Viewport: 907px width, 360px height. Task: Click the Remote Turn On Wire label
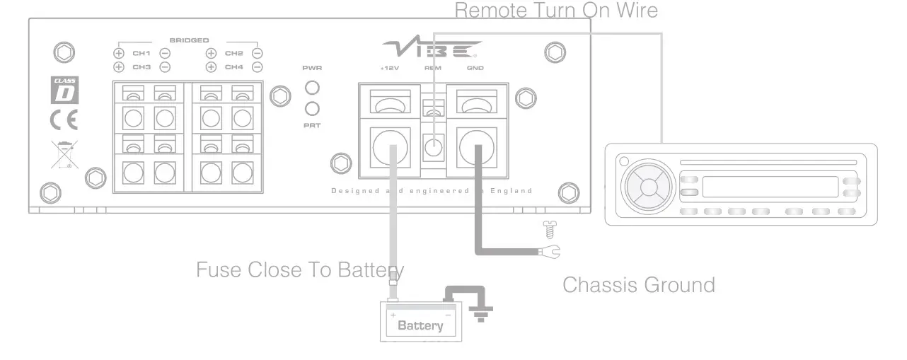[x=556, y=11]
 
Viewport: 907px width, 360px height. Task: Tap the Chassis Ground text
[x=638, y=285]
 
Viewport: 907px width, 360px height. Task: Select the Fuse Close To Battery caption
[x=300, y=269]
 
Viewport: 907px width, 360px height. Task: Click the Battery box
[x=421, y=322]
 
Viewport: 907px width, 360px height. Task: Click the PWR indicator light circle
[x=311, y=88]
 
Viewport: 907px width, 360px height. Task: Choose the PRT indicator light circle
[x=311, y=108]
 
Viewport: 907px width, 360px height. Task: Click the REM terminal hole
[x=433, y=148]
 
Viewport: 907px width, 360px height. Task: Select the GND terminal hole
[x=476, y=146]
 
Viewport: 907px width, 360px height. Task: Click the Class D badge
[x=66, y=90]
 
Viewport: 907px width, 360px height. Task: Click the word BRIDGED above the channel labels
[x=189, y=40]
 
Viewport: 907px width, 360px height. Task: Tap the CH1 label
[x=141, y=53]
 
